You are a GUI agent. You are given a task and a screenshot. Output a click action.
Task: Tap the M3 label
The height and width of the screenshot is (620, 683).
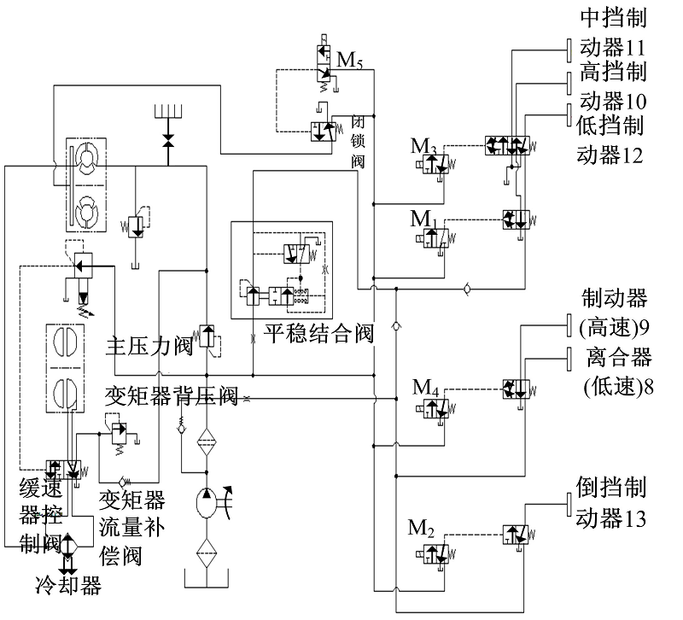(x=422, y=147)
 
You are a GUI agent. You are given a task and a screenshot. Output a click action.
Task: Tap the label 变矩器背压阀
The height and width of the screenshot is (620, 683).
(x=171, y=395)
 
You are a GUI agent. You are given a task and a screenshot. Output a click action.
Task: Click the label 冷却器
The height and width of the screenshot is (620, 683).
(x=68, y=586)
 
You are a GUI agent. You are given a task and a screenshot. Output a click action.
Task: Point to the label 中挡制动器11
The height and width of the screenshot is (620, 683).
(x=612, y=32)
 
